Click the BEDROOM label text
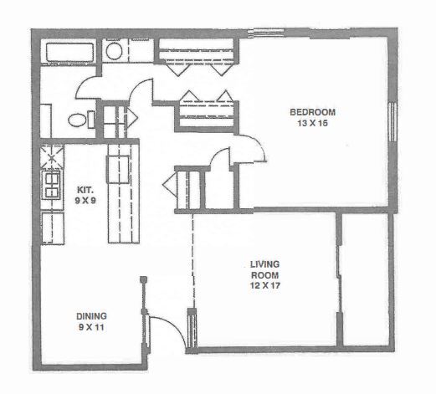tap(312, 113)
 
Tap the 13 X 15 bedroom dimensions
tap(312, 125)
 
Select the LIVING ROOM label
tap(264, 270)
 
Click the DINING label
tap(91, 315)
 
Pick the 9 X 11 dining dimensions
tap(91, 327)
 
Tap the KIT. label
tap(85, 189)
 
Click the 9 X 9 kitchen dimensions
tap(85, 201)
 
